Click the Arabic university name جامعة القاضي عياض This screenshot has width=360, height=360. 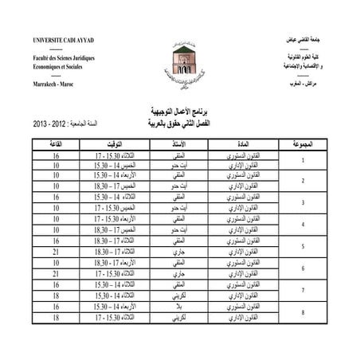point(302,39)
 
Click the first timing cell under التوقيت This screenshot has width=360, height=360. point(109,155)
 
